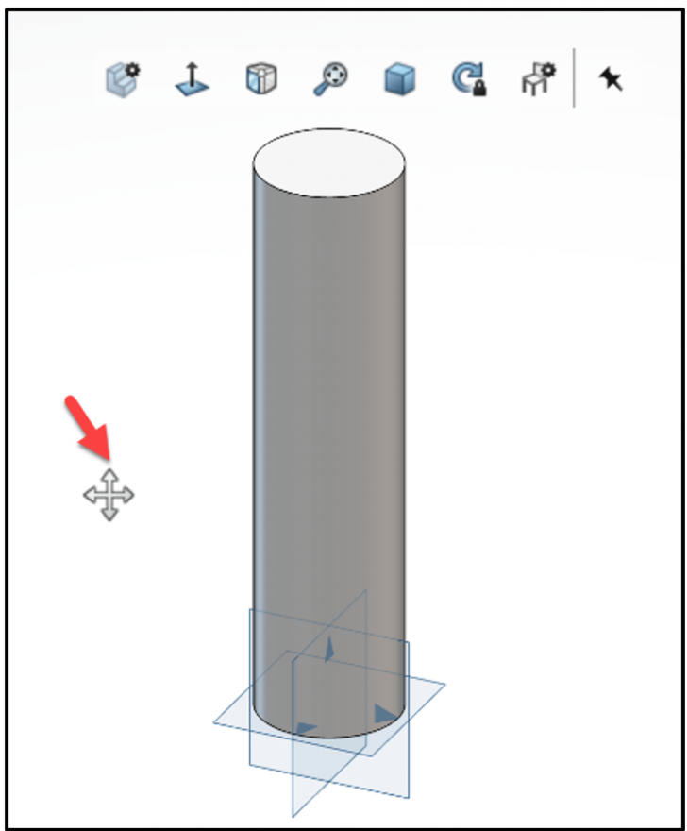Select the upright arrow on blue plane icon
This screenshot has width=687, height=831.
pos(192,79)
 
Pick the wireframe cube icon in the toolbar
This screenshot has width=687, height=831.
pos(260,79)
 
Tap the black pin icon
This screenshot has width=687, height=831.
pos(612,79)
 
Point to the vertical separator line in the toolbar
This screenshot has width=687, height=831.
pos(574,77)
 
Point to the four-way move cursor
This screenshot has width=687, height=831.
pos(109,494)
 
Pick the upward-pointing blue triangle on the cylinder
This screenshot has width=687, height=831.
pos(328,649)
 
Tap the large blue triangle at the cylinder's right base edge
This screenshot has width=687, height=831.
pos(383,714)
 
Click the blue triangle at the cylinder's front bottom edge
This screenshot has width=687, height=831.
pos(306,728)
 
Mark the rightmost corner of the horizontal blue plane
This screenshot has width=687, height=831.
pos(444,685)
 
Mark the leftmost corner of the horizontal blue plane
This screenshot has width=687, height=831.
pos(213,724)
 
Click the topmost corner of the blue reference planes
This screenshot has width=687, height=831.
pos(365,591)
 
